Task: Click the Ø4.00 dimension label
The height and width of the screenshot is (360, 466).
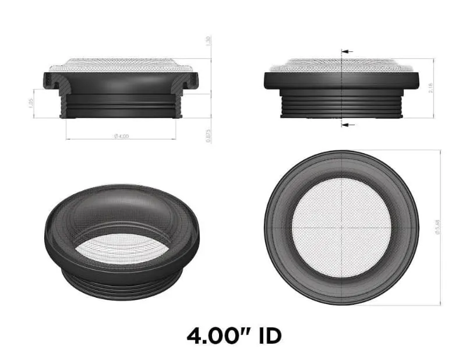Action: (x=121, y=136)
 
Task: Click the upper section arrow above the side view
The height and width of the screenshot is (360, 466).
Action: (x=348, y=52)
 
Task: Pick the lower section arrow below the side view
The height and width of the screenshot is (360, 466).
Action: (x=348, y=125)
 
